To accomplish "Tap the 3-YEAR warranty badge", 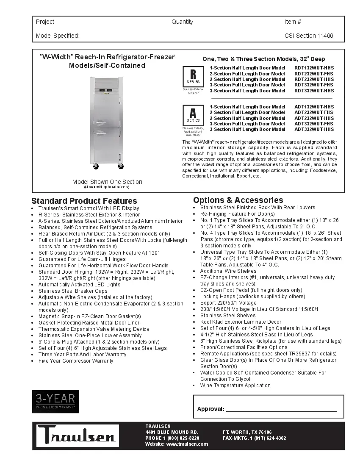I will [x=55, y=402].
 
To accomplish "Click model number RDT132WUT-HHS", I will [x=314, y=68].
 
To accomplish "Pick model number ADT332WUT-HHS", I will [x=314, y=129].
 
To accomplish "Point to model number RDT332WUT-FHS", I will [x=314, y=85].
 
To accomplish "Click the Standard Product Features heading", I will [x=84, y=201].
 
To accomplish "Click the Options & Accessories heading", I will [x=238, y=200].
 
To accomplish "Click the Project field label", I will [x=45, y=22].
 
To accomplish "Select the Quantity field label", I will [x=182, y=22].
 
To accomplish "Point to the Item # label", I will [x=293, y=22].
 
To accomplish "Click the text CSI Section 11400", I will [x=309, y=36].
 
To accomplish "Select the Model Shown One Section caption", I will [x=107, y=182].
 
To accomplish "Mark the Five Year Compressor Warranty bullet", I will [x=76, y=361].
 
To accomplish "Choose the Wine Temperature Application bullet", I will [x=235, y=386].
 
